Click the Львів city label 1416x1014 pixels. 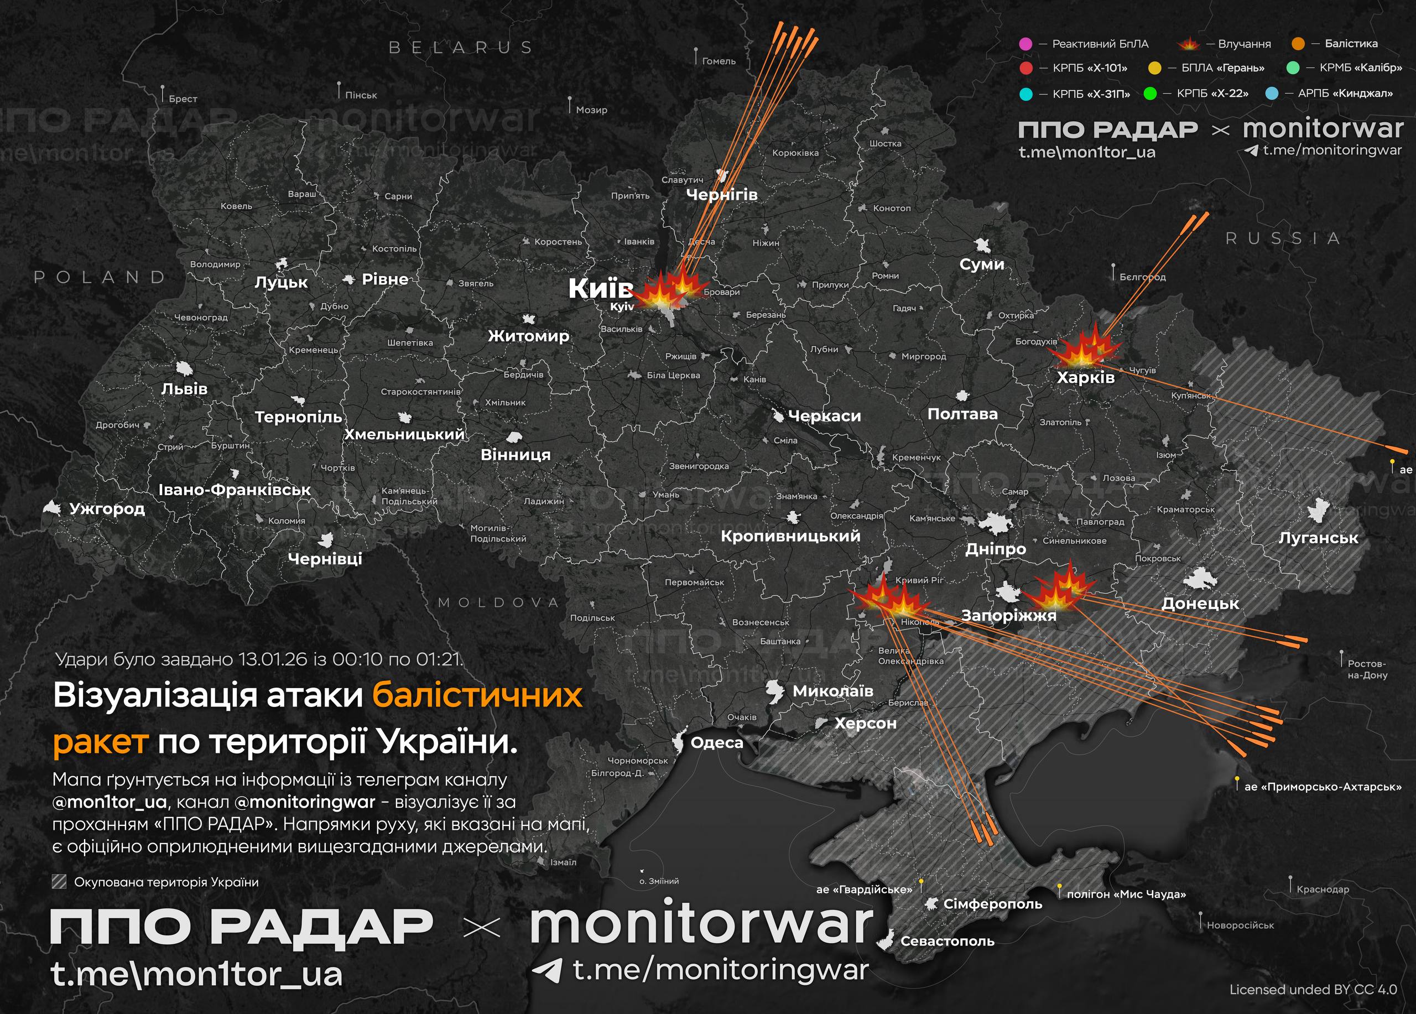(x=184, y=389)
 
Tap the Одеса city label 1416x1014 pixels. (x=717, y=742)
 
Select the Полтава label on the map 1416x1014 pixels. (x=962, y=414)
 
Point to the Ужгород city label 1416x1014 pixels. (x=107, y=509)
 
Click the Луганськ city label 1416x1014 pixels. (x=1318, y=538)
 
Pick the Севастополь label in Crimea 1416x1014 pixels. (x=947, y=941)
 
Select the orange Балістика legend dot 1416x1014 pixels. (x=1299, y=44)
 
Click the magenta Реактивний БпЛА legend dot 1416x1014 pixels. (x=1025, y=44)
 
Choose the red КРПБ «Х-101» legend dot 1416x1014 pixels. (x=1025, y=68)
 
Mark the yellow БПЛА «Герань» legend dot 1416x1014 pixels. (x=1154, y=68)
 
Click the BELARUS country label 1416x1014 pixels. (x=461, y=48)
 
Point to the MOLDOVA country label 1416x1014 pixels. (x=499, y=602)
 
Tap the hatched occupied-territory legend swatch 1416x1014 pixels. (x=59, y=882)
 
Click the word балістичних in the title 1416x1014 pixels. (x=477, y=695)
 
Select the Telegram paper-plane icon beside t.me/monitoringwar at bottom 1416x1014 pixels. (x=547, y=970)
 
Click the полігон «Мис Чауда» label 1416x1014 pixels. (x=1126, y=894)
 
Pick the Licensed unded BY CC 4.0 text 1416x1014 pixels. (x=1313, y=990)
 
